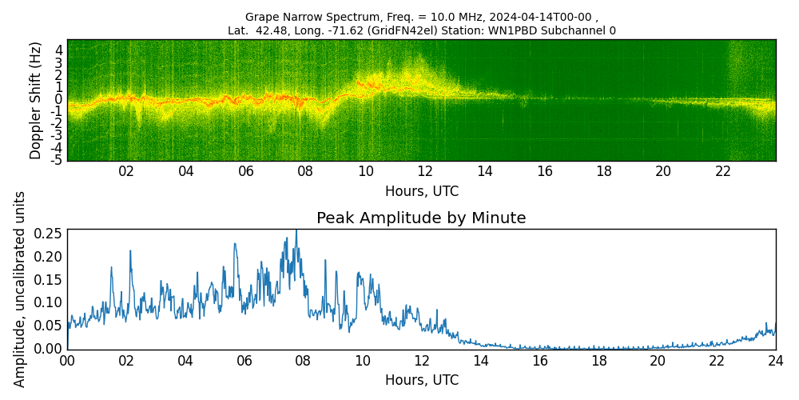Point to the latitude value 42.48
pos(265,31)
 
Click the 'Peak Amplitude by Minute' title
pos(421,218)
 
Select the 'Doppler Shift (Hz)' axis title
pos(36,100)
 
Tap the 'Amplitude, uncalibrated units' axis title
pos(20,289)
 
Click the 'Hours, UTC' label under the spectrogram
pos(421,192)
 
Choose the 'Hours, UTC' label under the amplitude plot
pos(421,381)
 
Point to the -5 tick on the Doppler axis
pos(58,160)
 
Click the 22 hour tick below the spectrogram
pos(723,172)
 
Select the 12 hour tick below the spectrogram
pos(425,172)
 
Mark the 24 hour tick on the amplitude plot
pos(775,361)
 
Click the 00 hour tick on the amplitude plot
pos(67,361)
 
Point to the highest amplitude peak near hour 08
pos(296,231)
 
